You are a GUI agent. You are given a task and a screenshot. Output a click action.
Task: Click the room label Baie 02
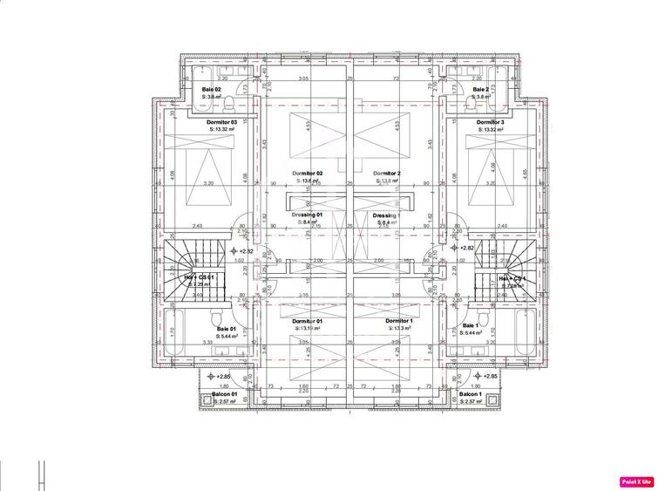point(212,90)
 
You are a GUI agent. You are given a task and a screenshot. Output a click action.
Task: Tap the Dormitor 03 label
point(222,122)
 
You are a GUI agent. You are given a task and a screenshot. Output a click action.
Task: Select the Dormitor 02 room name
point(308,174)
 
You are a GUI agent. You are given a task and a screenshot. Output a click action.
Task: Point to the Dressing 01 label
point(308,215)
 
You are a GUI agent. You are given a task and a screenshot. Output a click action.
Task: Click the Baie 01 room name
point(227,328)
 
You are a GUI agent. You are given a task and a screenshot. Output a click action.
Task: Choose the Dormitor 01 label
point(307,321)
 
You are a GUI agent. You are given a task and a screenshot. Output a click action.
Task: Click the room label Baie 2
point(481,90)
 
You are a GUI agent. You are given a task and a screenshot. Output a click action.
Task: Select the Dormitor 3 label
point(491,122)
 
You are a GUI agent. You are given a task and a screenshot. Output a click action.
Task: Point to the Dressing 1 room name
point(385,215)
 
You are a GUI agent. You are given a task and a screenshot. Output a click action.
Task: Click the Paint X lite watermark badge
point(637,481)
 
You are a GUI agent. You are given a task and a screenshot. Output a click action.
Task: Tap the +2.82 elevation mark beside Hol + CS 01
point(241,250)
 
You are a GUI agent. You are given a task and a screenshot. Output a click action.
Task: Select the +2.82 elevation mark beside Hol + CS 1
point(463,249)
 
